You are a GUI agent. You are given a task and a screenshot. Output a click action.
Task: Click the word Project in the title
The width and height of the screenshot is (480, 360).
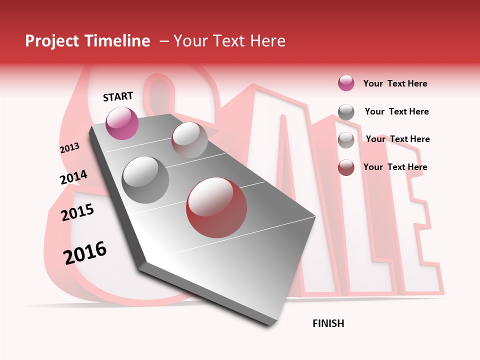52,41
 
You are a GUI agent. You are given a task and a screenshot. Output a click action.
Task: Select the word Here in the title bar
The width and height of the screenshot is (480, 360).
266,41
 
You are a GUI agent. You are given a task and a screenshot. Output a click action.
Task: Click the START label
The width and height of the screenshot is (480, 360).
118,96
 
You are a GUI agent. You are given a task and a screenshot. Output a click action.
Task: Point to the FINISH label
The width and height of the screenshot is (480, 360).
328,323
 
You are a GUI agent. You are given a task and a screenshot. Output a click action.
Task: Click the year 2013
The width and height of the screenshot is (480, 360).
69,148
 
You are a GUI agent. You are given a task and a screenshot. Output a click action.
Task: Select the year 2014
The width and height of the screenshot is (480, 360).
73,177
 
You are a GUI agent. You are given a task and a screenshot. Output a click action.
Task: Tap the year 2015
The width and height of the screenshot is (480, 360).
77,212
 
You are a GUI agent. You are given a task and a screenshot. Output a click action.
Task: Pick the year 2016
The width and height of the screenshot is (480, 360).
85,252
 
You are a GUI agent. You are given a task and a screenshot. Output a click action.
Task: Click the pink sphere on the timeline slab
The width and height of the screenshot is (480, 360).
122,123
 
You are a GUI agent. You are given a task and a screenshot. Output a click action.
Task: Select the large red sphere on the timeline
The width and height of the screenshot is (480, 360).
216,207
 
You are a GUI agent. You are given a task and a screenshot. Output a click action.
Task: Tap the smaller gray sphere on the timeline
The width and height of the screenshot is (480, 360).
189,140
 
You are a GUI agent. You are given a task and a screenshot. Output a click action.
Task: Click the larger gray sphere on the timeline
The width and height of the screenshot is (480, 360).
145,180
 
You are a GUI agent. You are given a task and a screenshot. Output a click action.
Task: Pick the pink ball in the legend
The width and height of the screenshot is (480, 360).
346,83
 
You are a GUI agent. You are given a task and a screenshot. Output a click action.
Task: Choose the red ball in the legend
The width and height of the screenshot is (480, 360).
346,167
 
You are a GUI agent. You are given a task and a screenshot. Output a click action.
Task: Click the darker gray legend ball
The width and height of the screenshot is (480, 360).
346,112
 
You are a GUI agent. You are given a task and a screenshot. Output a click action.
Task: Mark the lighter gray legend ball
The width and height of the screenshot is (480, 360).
346,140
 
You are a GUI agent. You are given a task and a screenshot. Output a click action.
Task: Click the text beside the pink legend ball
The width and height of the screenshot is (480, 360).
395,83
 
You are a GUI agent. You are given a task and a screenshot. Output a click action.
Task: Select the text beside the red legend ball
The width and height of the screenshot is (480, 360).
395,167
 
